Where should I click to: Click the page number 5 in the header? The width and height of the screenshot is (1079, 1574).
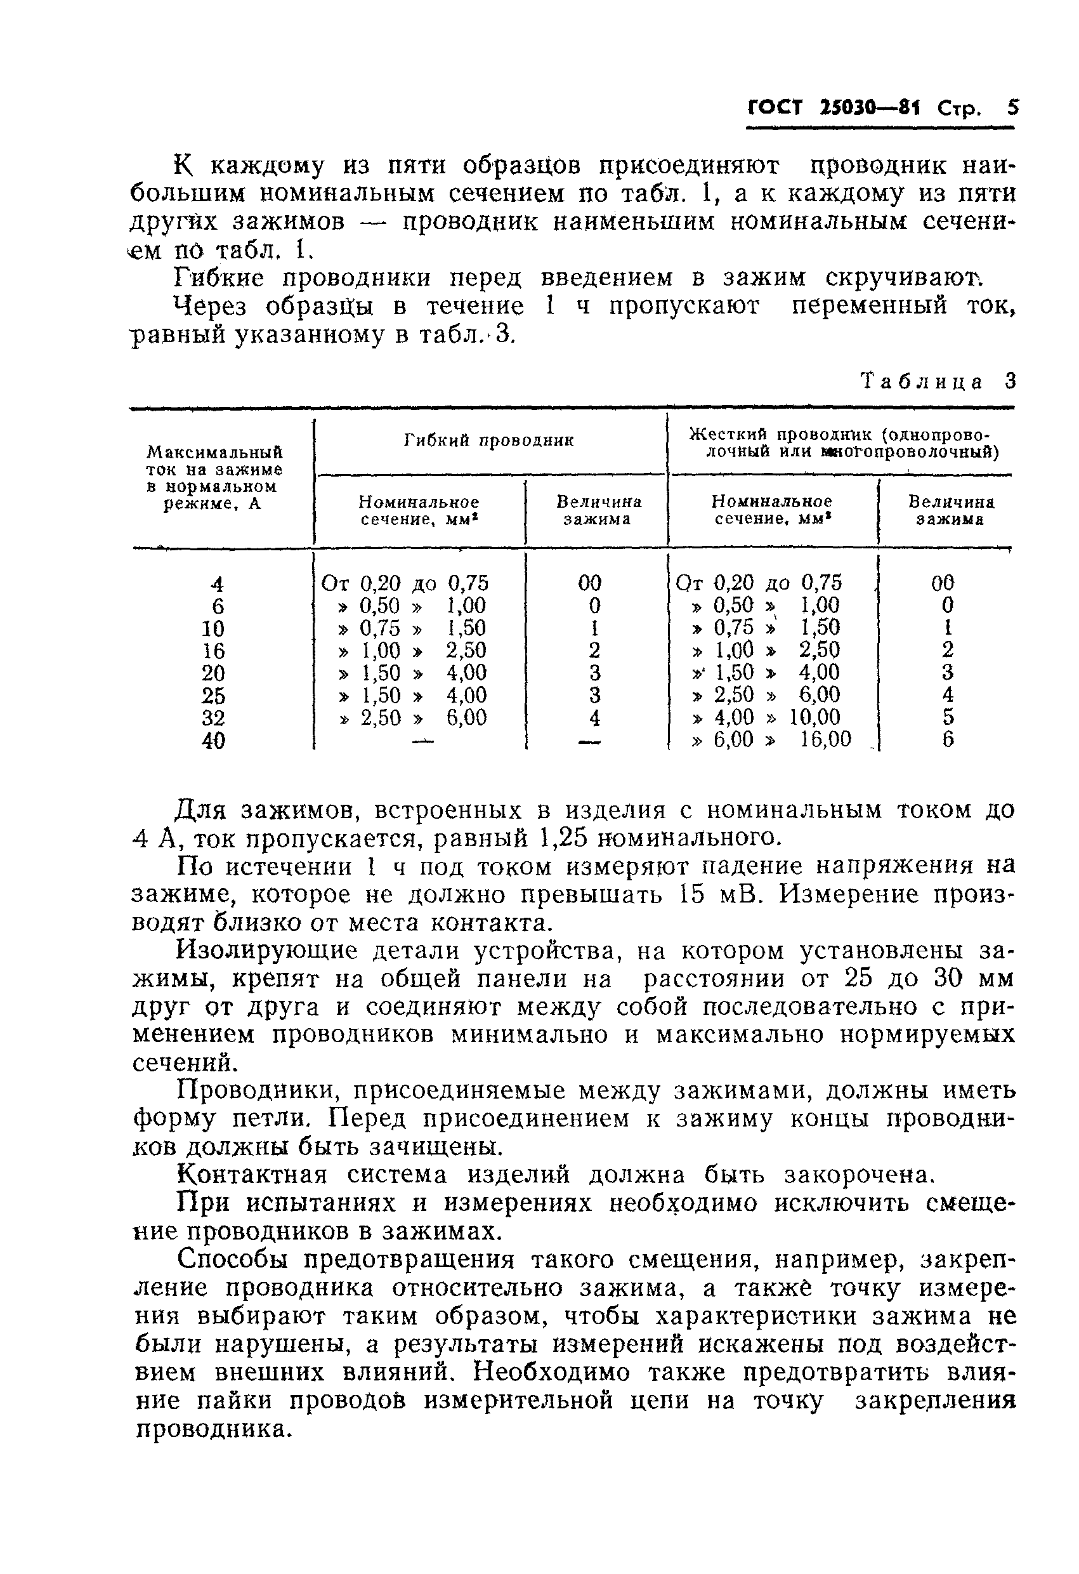pos(1012,108)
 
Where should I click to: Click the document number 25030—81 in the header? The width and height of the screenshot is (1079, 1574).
pos(870,109)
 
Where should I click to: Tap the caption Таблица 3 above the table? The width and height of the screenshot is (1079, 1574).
pos(938,382)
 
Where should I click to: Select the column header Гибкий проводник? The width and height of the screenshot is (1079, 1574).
pos(488,441)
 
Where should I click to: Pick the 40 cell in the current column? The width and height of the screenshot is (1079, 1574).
pos(213,741)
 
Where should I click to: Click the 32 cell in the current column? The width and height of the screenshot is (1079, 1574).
pos(213,718)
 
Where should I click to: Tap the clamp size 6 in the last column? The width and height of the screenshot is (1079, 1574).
pos(948,739)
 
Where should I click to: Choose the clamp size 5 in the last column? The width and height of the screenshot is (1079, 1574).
pos(948,717)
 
